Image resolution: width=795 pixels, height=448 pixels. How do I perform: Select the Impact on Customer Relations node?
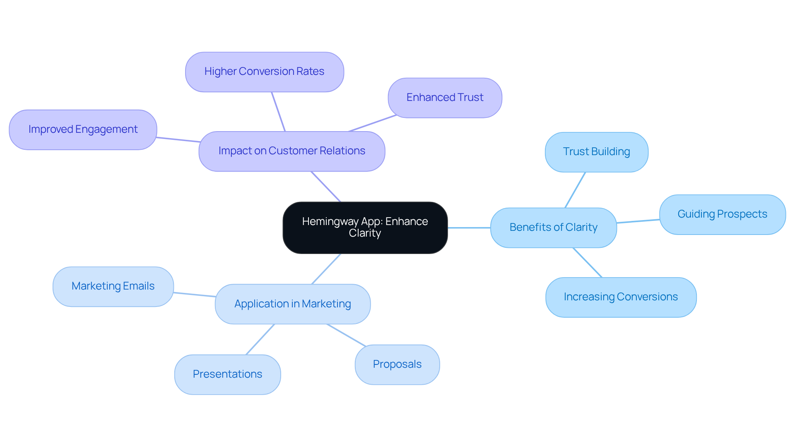[x=291, y=151]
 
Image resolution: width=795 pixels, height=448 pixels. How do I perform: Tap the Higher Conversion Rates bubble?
[x=264, y=72]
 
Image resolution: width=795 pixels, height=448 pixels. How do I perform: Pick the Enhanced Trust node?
[x=445, y=98]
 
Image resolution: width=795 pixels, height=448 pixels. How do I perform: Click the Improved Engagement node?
[x=83, y=129]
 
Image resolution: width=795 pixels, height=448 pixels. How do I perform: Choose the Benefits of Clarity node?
[x=553, y=228]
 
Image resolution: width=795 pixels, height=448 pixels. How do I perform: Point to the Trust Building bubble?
[x=596, y=152]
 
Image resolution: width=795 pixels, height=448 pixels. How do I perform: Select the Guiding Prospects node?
[x=722, y=214]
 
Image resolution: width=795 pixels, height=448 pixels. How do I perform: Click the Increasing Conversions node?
[x=621, y=297]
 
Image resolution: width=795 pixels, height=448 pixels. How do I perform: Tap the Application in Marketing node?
[x=292, y=304]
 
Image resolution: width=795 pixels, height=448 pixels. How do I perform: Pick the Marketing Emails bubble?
[x=113, y=286]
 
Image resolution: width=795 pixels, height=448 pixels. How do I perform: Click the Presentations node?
[x=227, y=374]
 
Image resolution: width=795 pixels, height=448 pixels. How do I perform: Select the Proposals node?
[x=397, y=364]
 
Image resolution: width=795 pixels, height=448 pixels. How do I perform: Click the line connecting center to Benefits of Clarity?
[x=469, y=228]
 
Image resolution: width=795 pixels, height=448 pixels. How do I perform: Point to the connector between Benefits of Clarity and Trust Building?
[x=575, y=190]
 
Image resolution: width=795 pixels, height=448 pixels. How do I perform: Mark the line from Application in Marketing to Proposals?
[x=346, y=335]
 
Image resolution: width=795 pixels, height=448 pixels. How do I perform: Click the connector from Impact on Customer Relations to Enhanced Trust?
[x=373, y=123]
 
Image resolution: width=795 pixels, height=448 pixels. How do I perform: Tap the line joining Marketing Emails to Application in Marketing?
[x=194, y=295]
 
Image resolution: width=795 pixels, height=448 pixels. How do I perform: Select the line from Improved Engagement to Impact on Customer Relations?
[x=178, y=139]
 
